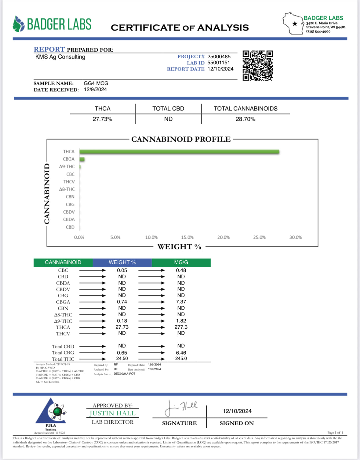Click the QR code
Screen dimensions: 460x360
258,66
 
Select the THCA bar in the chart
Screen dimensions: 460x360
179,152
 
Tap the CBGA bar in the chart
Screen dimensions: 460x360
82,159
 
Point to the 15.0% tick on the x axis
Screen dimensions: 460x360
187,237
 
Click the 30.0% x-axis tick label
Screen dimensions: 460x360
295,237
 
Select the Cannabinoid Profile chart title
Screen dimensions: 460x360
181,139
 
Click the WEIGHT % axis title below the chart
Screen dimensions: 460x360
179,247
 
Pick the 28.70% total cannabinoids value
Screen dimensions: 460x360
245,119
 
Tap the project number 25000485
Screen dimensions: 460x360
219,56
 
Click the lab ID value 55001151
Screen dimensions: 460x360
219,63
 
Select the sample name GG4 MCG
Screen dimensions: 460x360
96,83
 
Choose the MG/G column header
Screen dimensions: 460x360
181,263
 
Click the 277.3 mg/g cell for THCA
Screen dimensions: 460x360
181,327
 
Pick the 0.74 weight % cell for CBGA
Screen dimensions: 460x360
122,302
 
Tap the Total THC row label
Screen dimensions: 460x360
63,359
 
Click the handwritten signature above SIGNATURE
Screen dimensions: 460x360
181,408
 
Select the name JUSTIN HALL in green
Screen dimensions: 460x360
112,413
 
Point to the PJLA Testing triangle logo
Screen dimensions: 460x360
51,412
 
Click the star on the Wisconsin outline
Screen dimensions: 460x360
295,24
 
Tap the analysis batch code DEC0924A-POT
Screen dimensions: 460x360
124,374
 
